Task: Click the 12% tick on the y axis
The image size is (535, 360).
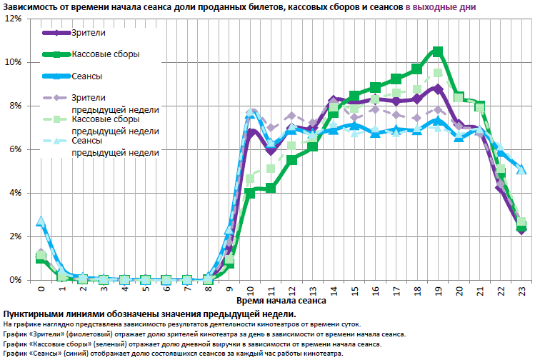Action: coord(13,18)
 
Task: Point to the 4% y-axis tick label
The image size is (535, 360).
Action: coord(15,193)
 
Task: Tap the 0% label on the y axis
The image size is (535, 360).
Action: coord(15,280)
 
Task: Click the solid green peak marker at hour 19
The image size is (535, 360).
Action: coord(438,51)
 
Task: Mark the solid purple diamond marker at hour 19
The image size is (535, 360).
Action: coord(438,88)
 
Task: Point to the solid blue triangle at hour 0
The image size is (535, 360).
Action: coord(41,221)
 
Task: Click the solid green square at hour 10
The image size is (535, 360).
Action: coord(251,191)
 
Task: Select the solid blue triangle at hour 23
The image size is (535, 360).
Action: coord(521,169)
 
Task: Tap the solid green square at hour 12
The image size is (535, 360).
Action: coord(292,160)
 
